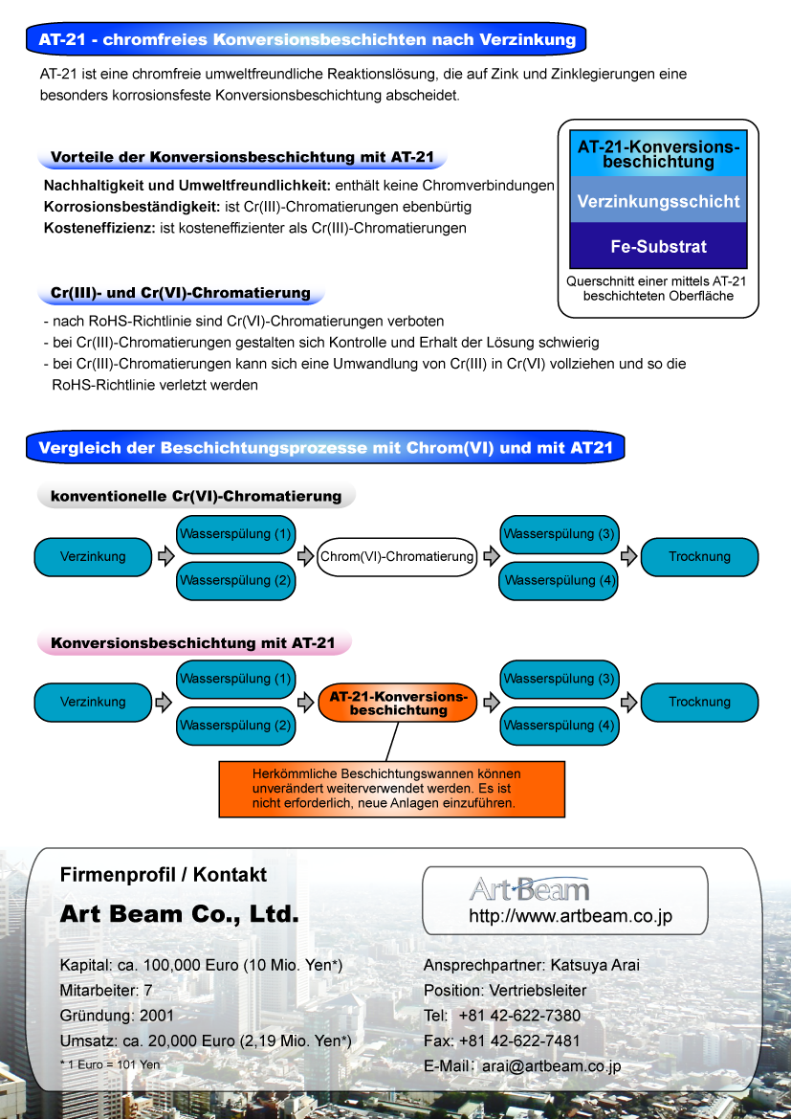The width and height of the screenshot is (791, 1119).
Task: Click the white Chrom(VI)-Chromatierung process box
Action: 397,556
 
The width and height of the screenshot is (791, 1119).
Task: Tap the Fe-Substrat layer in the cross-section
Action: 658,246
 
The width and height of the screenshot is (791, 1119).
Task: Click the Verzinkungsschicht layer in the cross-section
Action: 658,201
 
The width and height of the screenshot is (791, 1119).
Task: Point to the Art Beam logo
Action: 529,889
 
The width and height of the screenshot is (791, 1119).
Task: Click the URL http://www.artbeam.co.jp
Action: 570,916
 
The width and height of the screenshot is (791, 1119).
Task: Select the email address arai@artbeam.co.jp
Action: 551,1065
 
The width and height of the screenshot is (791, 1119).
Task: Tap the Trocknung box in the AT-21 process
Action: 699,703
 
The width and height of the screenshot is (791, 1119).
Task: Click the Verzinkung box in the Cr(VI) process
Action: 93,556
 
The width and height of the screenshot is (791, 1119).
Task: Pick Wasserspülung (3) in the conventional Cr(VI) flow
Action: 559,533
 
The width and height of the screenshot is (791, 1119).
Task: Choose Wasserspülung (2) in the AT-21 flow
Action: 235,726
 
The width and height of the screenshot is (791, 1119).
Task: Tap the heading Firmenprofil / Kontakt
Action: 164,874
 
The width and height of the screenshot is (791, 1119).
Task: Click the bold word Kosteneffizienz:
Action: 99,228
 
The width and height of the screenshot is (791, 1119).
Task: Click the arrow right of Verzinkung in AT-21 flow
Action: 165,703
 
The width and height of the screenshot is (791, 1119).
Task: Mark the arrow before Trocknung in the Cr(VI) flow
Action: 629,556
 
